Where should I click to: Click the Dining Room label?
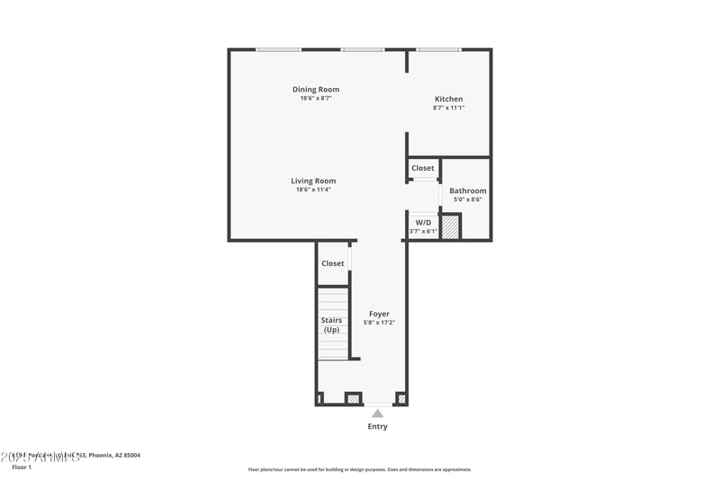315,89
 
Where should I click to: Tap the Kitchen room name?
448,99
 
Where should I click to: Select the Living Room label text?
313,181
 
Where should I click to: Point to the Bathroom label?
468,191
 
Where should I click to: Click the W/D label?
423,221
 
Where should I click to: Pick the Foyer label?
379,314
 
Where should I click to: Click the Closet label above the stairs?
333,263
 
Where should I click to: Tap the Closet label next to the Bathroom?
423,168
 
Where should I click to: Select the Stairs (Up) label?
331,324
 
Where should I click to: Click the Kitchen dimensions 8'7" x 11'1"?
448,108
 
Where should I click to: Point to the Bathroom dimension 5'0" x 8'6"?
468,200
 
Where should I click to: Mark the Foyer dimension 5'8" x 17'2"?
379,323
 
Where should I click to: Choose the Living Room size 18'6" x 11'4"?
313,190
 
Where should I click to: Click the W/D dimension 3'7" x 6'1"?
423,231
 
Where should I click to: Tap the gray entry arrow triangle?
378,413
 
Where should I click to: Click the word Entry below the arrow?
378,426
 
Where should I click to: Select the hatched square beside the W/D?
450,227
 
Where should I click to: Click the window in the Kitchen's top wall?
439,49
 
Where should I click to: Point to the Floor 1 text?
22,467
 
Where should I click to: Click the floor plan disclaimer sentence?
359,469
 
